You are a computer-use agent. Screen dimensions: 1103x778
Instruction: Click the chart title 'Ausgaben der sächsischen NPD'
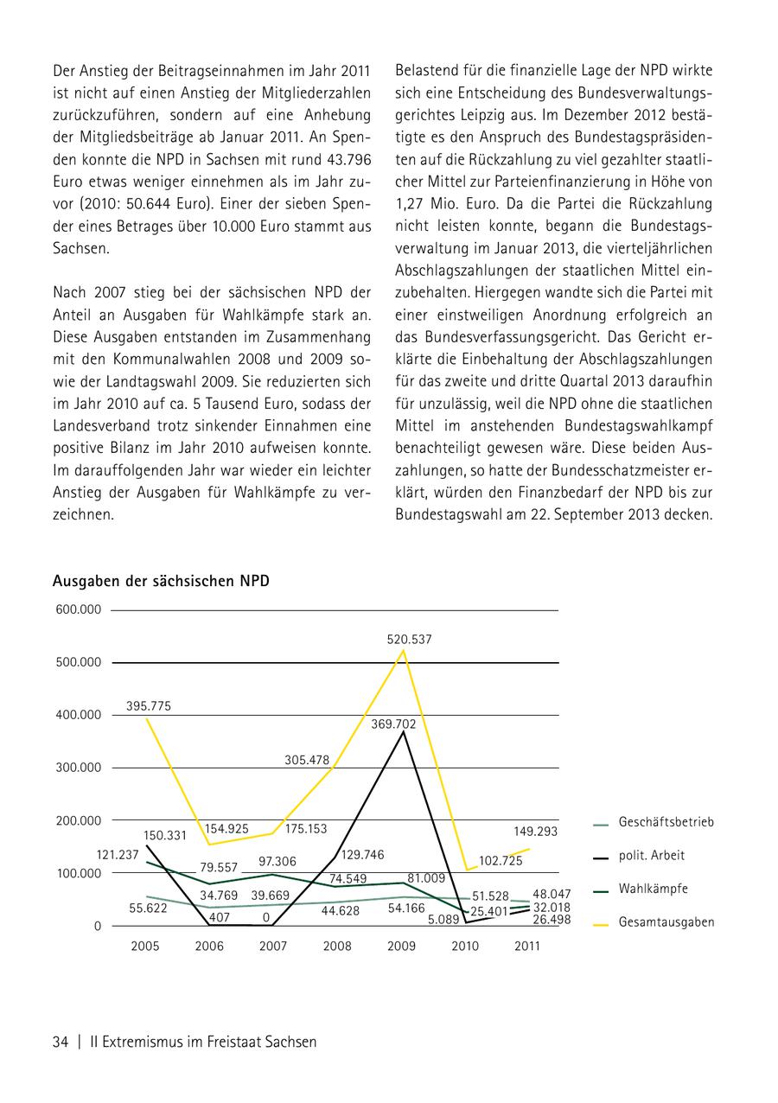(x=161, y=581)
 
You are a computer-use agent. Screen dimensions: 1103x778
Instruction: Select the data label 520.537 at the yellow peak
(x=409, y=640)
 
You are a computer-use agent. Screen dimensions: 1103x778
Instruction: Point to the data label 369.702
(x=393, y=724)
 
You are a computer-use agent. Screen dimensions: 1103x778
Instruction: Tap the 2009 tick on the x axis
(x=401, y=947)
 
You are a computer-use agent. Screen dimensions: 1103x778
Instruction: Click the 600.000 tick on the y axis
(x=79, y=609)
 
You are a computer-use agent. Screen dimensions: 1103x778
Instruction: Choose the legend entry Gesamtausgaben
(x=666, y=922)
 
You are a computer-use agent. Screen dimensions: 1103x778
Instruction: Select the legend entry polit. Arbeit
(x=651, y=856)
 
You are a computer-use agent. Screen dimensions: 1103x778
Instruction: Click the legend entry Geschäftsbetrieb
(x=666, y=822)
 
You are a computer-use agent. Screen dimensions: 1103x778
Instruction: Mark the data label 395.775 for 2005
(x=149, y=706)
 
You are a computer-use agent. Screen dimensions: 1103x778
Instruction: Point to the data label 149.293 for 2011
(x=535, y=832)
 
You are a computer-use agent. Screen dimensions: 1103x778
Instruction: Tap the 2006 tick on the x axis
(x=209, y=947)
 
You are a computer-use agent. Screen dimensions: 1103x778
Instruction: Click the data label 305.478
(x=307, y=761)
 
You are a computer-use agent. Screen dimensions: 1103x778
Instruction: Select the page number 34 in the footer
(x=61, y=1042)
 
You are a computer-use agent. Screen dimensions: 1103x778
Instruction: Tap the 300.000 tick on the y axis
(x=79, y=768)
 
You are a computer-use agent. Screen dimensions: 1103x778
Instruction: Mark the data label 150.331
(x=164, y=835)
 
